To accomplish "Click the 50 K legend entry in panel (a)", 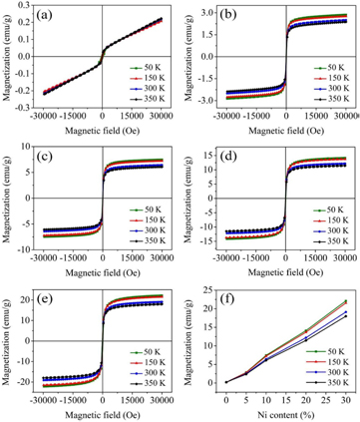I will [142, 68].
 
